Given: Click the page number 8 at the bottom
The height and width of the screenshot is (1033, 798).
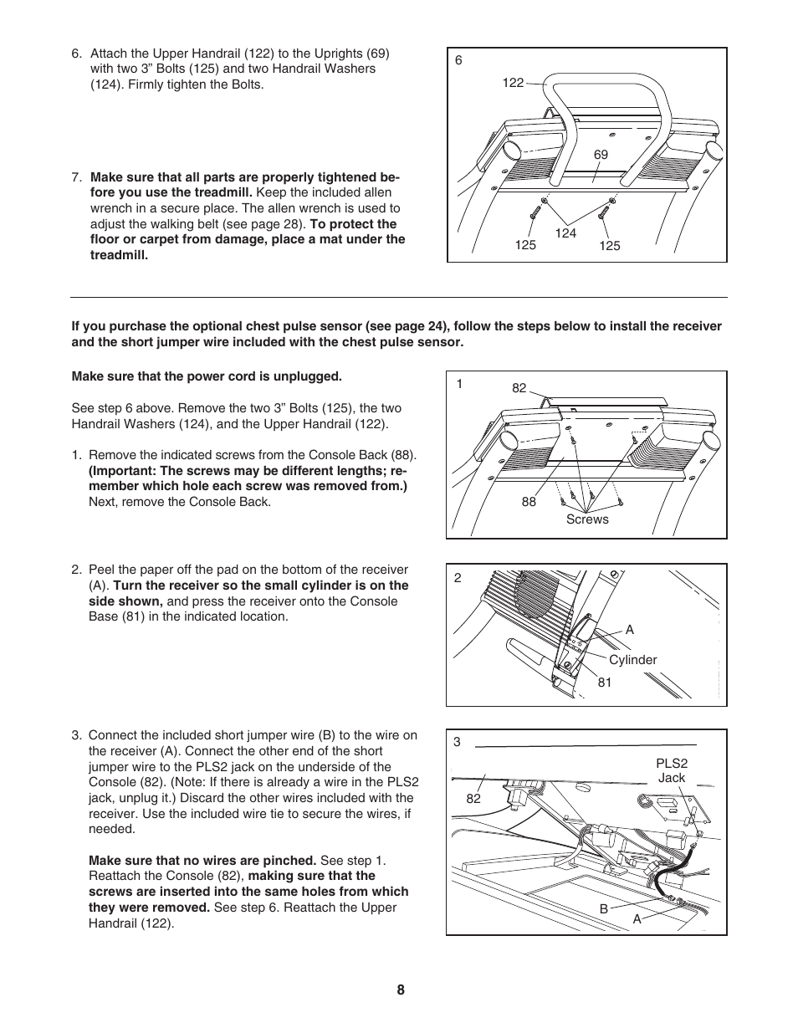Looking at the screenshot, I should point(401,990).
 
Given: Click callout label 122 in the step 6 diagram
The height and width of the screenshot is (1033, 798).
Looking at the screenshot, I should point(513,82).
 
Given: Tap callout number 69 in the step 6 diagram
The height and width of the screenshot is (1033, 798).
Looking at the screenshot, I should point(601,155).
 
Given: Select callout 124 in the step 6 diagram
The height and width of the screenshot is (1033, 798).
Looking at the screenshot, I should point(566,233).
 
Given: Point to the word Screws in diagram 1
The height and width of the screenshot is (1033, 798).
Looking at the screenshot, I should point(587,519).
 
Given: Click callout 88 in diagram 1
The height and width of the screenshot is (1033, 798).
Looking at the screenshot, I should point(529,502).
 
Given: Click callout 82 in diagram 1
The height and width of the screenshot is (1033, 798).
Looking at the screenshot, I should point(519,388).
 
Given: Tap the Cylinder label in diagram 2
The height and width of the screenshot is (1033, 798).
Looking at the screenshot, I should point(632,660).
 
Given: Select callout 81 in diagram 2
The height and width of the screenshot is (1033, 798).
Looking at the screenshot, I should point(605,683).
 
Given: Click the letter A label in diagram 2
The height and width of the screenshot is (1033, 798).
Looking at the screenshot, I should point(630,630).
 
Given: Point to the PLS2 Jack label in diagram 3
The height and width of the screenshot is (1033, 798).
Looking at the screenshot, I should point(671,770).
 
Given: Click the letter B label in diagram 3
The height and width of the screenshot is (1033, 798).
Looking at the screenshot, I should point(602,908).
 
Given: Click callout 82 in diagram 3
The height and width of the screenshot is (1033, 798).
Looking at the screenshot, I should point(473,799).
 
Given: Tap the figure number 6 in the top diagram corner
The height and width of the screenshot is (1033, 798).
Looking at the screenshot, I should point(458,60).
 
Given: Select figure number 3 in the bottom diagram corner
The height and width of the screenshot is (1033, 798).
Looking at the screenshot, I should point(458,742).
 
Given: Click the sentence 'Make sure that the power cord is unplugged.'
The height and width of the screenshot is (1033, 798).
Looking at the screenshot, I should point(207,376).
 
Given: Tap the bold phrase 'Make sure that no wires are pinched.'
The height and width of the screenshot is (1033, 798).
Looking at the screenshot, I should point(202,861).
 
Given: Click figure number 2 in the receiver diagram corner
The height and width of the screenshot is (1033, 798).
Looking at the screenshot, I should point(458,577).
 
